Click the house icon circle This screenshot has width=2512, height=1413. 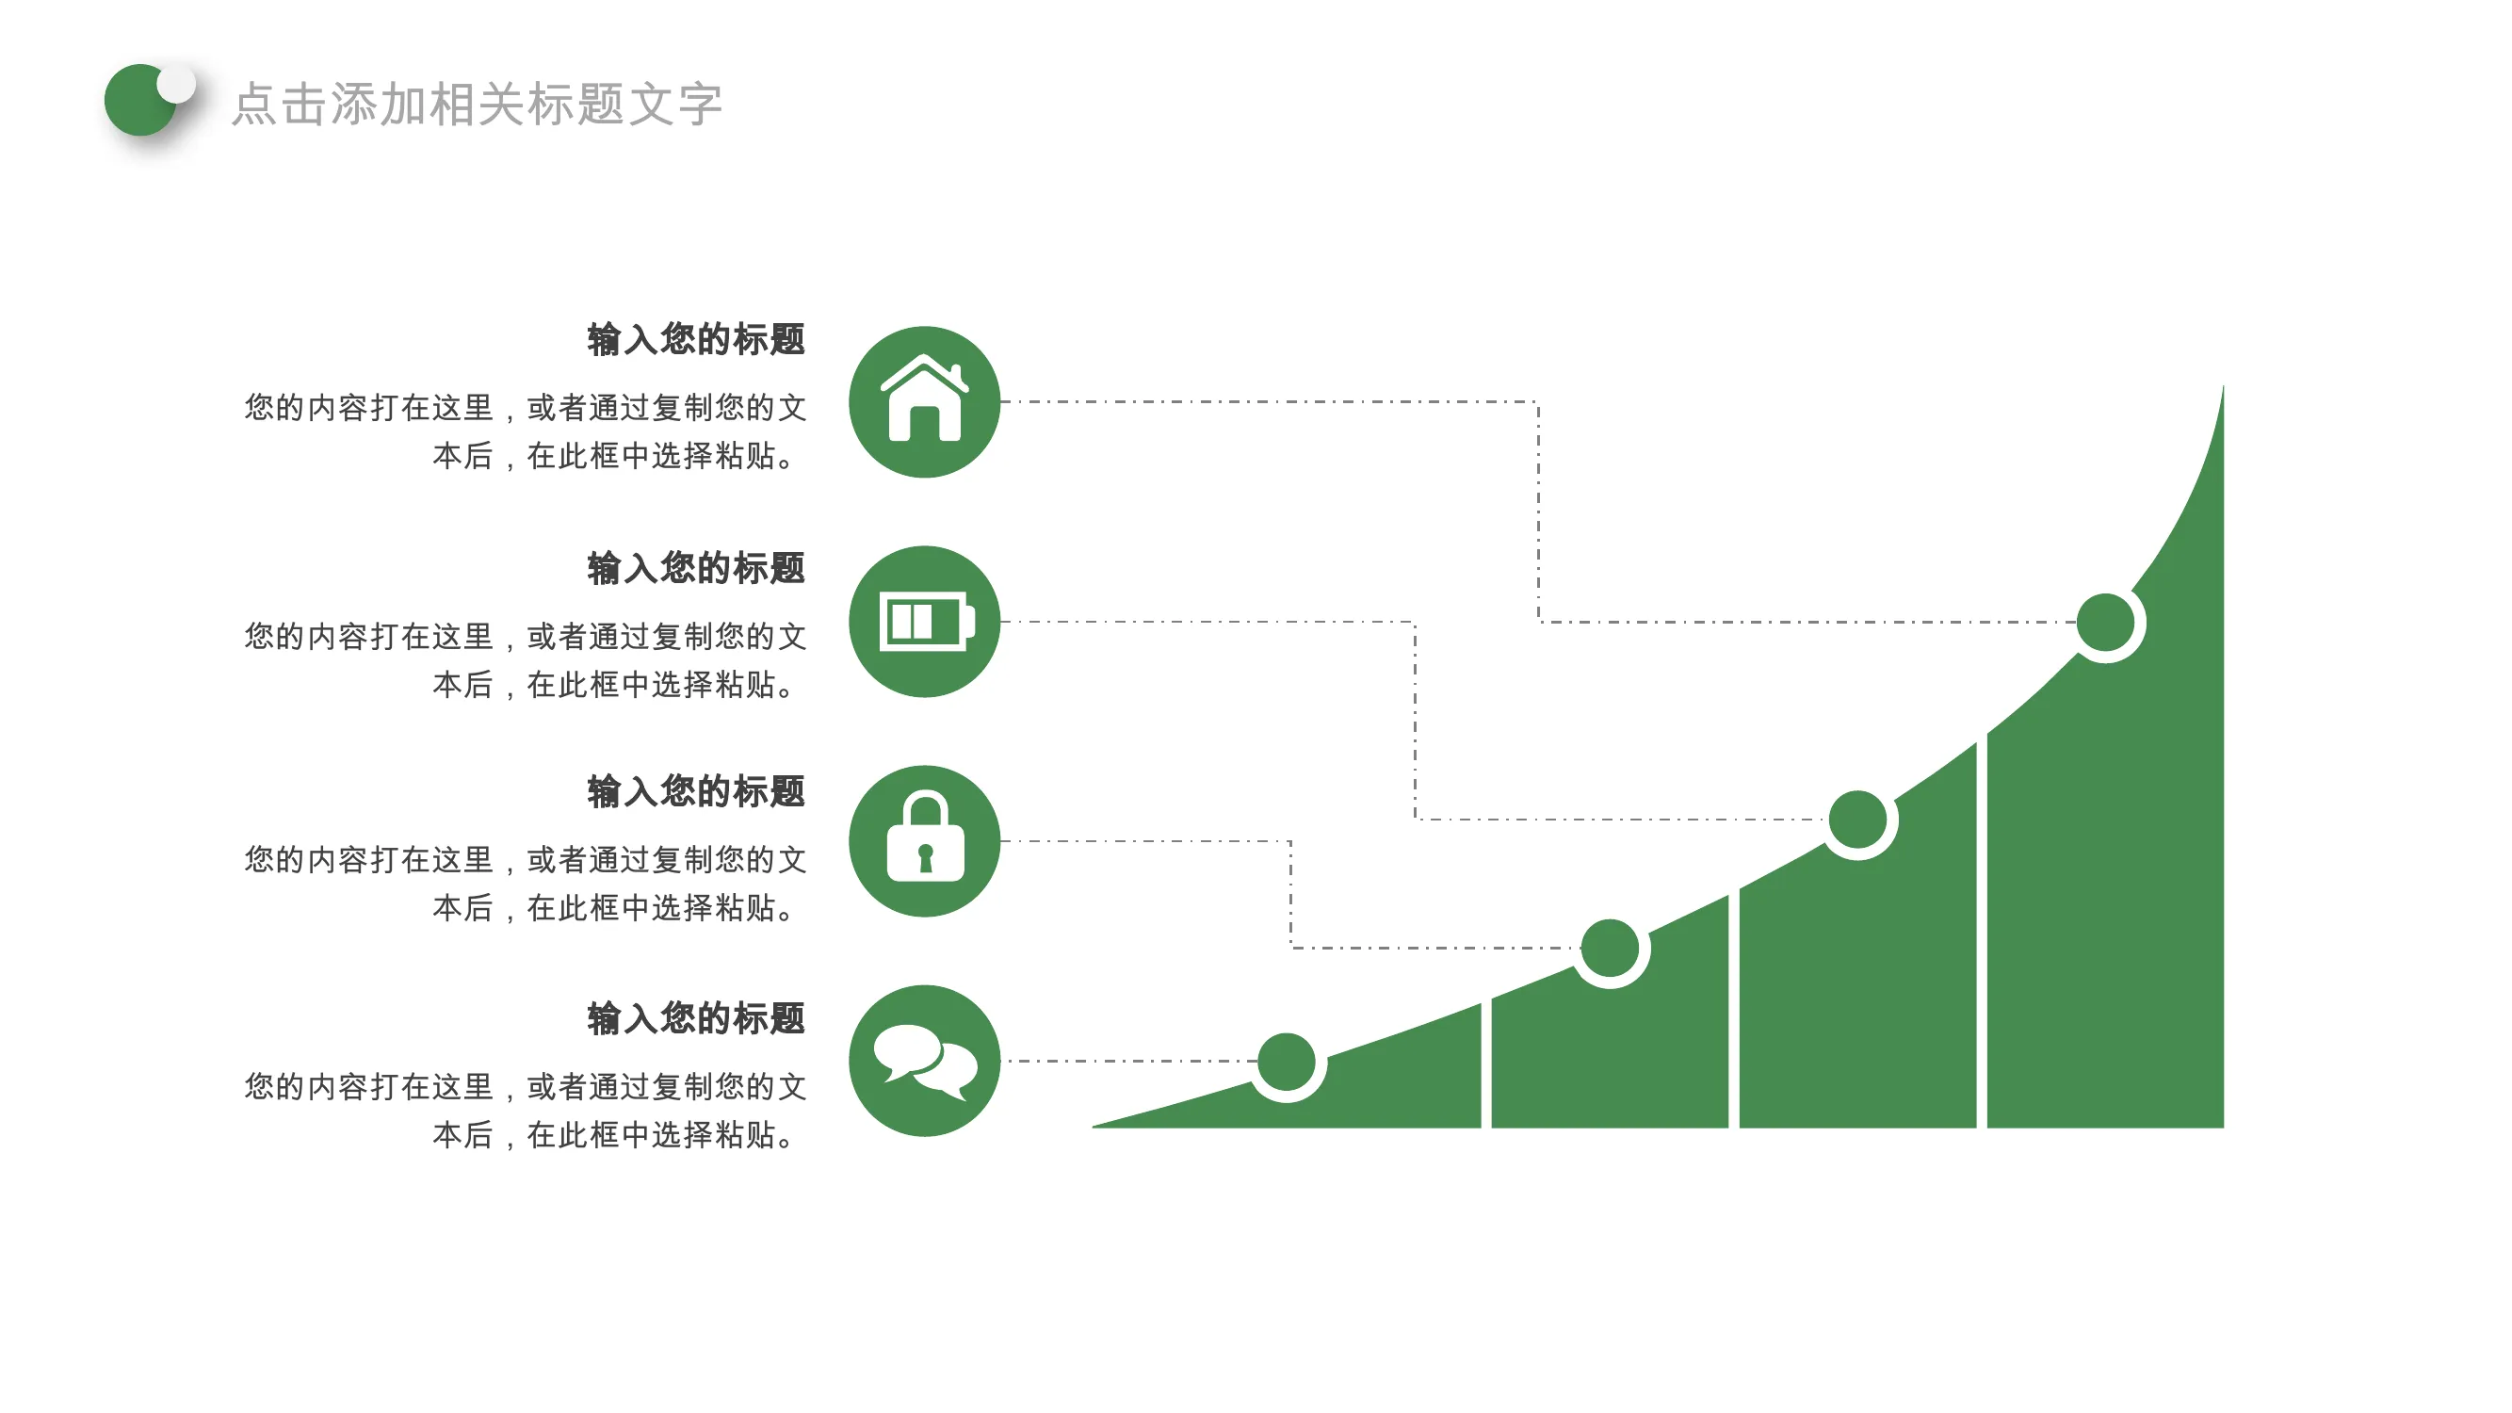tap(924, 402)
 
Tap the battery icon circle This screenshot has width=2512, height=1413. tap(924, 621)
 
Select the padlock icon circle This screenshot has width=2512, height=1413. tap(924, 840)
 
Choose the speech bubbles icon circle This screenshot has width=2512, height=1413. tap(924, 1061)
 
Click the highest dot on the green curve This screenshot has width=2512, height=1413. tap(2105, 622)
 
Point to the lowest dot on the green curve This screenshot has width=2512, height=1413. tap(1287, 1061)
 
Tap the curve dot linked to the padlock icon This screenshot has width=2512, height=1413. tap(1609, 948)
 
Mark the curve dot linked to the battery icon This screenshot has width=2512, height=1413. tap(1857, 820)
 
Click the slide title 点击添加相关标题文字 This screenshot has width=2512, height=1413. tap(477, 105)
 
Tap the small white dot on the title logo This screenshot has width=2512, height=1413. tap(176, 84)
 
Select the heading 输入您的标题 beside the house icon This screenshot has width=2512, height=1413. tap(696, 339)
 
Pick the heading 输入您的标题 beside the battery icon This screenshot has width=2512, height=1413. tap(696, 567)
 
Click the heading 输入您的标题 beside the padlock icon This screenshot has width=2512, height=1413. tap(696, 791)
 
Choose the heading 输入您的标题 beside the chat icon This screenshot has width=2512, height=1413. tap(696, 1018)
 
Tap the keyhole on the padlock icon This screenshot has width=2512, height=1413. tap(926, 857)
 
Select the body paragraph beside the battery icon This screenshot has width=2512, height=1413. tap(525, 660)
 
